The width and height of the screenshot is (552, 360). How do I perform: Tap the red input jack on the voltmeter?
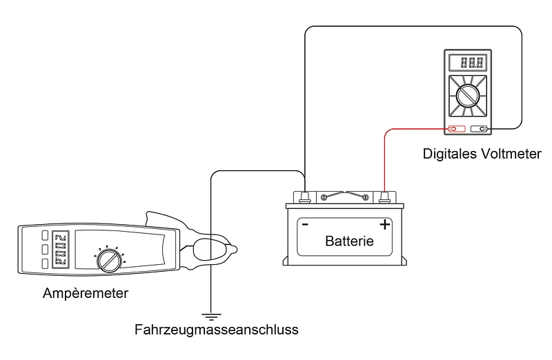[x=453, y=129]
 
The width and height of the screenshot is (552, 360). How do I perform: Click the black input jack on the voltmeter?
[x=481, y=129]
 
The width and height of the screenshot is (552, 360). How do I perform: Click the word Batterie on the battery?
[x=349, y=241]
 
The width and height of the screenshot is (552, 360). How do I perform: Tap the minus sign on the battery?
[x=304, y=225]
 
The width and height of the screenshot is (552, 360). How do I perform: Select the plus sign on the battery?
[x=384, y=224]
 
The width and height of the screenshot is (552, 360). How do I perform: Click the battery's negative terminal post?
[x=304, y=197]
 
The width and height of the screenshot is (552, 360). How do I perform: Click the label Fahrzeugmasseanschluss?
[x=217, y=330]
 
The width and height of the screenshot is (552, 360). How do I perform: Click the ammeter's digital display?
[x=61, y=248]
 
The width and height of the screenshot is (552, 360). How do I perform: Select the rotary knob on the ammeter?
[x=108, y=260]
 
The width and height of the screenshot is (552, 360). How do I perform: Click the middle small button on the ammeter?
[x=44, y=249]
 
